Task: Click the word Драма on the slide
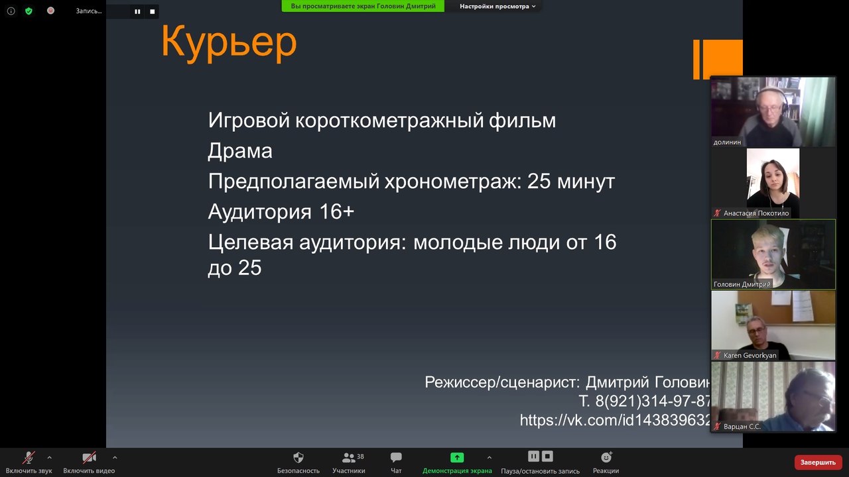pyautogui.click(x=240, y=150)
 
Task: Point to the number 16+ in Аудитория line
pyautogui.click(x=336, y=211)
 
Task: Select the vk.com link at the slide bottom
pyautogui.click(x=615, y=420)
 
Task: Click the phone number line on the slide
pyautogui.click(x=644, y=401)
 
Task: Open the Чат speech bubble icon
pyautogui.click(x=396, y=458)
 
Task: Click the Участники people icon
pyautogui.click(x=348, y=458)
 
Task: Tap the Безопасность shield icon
pyautogui.click(x=298, y=458)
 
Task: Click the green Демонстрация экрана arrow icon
pyautogui.click(x=457, y=458)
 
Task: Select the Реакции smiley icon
pyautogui.click(x=606, y=457)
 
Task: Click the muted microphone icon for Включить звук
pyautogui.click(x=29, y=458)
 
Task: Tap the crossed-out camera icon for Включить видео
pyautogui.click(x=89, y=458)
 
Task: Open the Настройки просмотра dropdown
pyautogui.click(x=497, y=6)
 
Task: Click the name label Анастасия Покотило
pyautogui.click(x=756, y=213)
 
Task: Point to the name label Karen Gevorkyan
pyautogui.click(x=750, y=355)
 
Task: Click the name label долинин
pyautogui.click(x=727, y=142)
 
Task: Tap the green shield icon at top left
pyautogui.click(x=29, y=11)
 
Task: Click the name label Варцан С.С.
pyautogui.click(x=742, y=426)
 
